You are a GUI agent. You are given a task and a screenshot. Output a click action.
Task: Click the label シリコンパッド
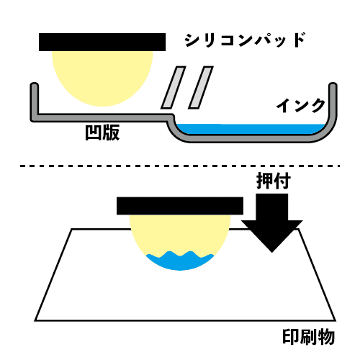click(x=245, y=40)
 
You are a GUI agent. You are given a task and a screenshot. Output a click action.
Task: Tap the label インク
click(x=301, y=105)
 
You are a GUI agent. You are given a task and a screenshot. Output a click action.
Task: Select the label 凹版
click(x=102, y=132)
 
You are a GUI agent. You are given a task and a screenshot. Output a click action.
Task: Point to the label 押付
click(x=274, y=181)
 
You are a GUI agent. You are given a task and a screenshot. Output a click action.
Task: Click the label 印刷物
click(x=309, y=337)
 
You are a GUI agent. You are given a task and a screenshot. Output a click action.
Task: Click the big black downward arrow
click(x=272, y=222)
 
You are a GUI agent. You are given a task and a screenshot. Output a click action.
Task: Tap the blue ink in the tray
click(x=250, y=129)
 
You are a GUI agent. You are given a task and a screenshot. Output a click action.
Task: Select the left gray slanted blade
click(x=174, y=87)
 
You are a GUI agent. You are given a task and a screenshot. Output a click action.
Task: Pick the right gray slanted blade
click(x=201, y=87)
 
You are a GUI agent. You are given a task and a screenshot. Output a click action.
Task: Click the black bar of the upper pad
click(x=102, y=42)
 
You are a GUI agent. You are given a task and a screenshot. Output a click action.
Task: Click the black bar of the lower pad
click(x=180, y=206)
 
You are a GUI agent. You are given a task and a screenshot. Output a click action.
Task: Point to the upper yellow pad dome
click(x=102, y=77)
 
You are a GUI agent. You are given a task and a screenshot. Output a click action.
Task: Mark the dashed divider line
click(x=180, y=166)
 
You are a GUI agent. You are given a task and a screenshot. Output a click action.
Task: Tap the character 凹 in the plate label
click(x=94, y=132)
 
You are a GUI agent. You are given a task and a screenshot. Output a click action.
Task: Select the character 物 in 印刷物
click(x=326, y=337)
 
